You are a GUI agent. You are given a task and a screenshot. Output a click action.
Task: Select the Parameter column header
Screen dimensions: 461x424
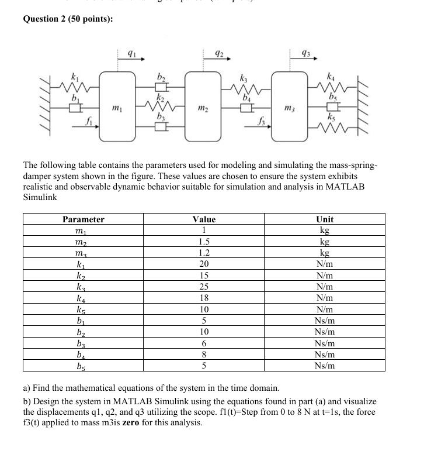84,219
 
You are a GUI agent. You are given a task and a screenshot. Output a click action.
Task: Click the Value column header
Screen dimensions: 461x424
204,219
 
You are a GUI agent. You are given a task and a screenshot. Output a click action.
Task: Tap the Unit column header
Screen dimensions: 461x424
325,219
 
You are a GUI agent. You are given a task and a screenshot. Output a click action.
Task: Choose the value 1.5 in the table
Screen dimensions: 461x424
204,242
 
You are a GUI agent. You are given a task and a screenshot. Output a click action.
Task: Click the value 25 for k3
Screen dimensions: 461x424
204,287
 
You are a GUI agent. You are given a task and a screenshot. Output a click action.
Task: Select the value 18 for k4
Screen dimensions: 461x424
204,298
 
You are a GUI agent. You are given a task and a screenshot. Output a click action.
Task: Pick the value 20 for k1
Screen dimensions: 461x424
204,264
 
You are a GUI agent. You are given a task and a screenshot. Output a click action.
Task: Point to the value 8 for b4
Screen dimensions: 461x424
204,354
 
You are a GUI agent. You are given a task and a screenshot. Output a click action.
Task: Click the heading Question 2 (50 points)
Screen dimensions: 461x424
68,19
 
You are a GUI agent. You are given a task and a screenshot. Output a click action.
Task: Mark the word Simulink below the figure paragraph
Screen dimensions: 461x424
40,197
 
